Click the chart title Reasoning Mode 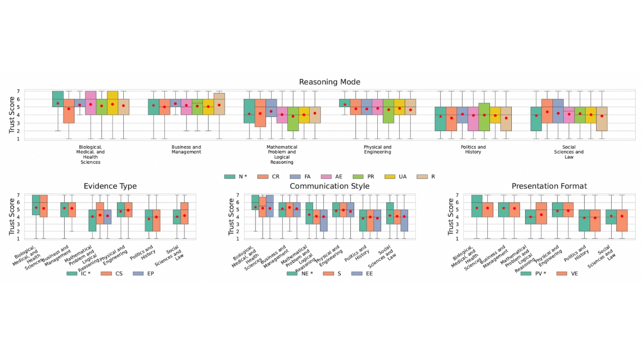(329, 82)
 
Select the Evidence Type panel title (110, 186)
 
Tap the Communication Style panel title (329, 186)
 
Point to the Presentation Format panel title (549, 186)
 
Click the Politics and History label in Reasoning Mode (473, 149)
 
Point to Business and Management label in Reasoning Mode (186, 149)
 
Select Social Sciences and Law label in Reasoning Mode (569, 152)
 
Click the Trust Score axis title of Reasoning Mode (12, 114)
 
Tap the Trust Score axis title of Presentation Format (451, 217)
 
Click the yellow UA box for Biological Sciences (112, 103)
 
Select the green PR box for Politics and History (484, 117)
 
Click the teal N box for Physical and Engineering (344, 103)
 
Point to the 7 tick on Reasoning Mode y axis (19, 91)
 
